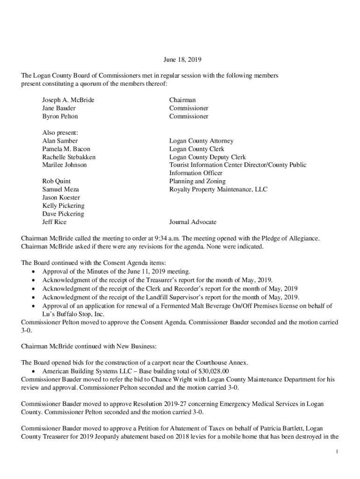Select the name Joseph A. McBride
click(68, 100)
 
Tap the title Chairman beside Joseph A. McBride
click(182, 100)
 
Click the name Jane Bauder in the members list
click(59, 108)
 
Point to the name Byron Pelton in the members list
click(60, 116)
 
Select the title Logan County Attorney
click(201, 141)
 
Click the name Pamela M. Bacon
click(66, 149)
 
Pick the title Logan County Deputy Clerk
click(207, 157)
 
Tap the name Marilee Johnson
click(65, 165)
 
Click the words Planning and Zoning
click(197, 181)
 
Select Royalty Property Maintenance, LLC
click(218, 189)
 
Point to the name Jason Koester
click(61, 198)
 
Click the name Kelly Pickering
click(63, 206)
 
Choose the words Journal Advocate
click(193, 222)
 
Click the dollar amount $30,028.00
click(214, 371)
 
